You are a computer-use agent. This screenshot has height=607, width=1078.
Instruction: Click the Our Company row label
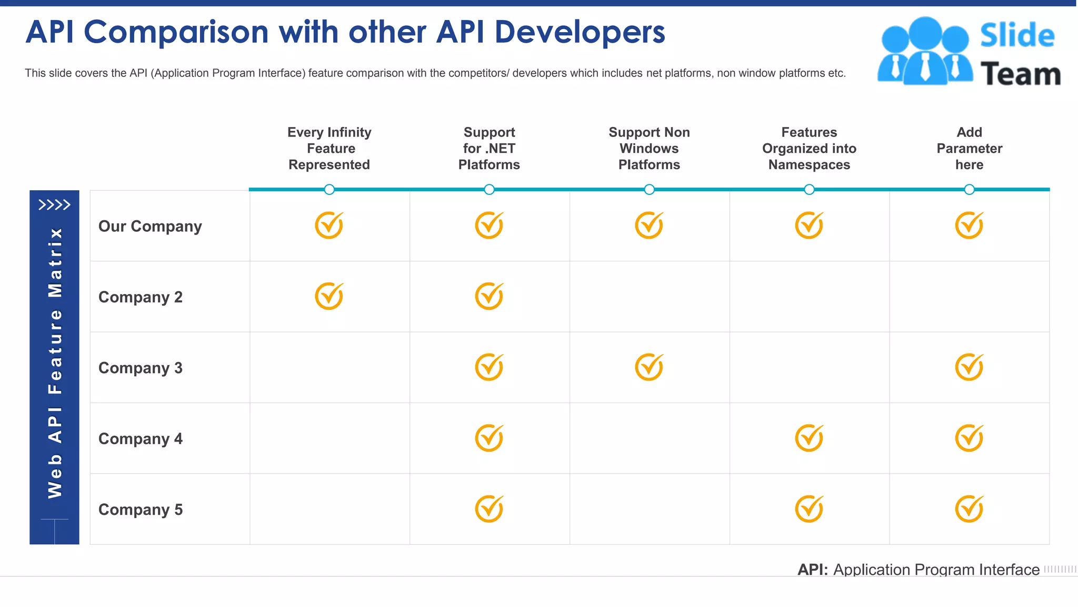[150, 226]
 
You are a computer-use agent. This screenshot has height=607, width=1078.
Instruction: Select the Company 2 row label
[141, 297]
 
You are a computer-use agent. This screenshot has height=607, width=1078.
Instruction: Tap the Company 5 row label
[141, 510]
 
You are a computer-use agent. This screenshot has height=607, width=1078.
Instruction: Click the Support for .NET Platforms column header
[489, 149]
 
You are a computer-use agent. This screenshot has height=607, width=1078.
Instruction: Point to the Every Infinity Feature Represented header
[330, 149]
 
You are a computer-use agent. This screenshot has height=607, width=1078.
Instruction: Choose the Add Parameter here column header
[969, 149]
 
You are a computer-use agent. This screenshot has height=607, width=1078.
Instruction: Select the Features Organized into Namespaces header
[809, 149]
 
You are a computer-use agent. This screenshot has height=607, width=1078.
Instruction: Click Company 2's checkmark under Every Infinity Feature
[329, 296]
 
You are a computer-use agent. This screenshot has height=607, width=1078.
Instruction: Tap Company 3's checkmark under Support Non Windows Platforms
[649, 367]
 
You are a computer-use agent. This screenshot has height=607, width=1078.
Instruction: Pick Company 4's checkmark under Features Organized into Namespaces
[809, 438]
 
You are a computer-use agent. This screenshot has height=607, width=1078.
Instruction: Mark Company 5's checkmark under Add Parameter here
[969, 509]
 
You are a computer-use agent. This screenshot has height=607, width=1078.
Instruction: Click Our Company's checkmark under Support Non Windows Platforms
[649, 226]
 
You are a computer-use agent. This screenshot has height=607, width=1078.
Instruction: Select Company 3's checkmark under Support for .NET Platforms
[489, 367]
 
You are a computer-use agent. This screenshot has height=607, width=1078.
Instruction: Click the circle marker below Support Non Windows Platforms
[649, 189]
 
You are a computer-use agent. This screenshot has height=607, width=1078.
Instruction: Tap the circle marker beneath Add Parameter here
[969, 189]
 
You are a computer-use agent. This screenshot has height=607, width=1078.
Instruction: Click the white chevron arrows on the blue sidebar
[54, 204]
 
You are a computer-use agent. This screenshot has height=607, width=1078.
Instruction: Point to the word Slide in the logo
[1017, 36]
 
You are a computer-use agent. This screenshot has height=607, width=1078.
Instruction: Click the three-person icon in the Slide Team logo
[925, 51]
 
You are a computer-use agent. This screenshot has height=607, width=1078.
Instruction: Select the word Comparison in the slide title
[176, 32]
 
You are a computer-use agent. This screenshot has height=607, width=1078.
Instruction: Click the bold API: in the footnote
[812, 570]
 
